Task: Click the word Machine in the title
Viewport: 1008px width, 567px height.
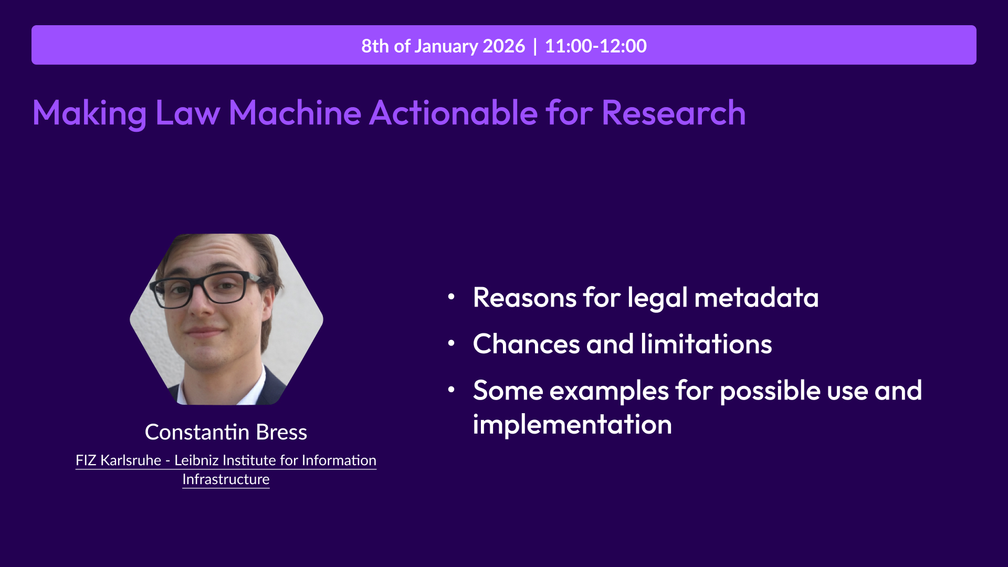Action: click(295, 113)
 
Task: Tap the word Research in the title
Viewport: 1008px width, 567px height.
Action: click(674, 113)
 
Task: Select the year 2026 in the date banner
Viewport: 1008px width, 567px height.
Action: click(504, 46)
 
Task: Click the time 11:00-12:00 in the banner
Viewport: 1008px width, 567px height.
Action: click(595, 46)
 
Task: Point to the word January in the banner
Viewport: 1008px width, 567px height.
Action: click(446, 46)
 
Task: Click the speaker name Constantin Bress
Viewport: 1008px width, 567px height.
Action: click(226, 432)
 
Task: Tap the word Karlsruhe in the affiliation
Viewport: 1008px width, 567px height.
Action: click(131, 460)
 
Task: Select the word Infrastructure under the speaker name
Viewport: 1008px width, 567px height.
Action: click(226, 479)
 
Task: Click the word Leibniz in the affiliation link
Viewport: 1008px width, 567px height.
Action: click(196, 460)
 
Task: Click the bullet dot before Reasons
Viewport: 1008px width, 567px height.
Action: click(451, 297)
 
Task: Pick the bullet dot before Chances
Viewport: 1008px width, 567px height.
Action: click(451, 343)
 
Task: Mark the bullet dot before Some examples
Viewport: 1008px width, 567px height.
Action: click(451, 390)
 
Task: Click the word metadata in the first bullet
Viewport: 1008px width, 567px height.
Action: click(757, 298)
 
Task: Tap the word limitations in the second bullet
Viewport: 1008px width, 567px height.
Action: click(706, 344)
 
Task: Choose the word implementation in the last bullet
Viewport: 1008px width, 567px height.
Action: click(572, 425)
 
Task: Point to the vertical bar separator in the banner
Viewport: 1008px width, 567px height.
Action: click(535, 46)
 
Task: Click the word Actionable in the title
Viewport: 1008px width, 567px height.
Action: click(454, 113)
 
